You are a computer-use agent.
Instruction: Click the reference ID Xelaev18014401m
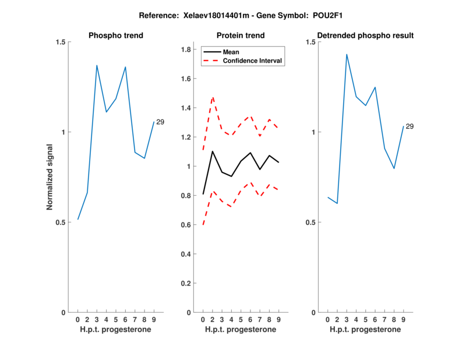pyautogui.click(x=199, y=15)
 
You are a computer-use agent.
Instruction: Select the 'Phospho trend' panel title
pyautogui.click(x=115, y=36)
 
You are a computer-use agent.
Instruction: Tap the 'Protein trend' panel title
pyautogui.click(x=241, y=36)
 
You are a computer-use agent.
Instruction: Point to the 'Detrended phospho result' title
pyautogui.click(x=365, y=36)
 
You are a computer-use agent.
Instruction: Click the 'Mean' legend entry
pyautogui.click(x=231, y=52)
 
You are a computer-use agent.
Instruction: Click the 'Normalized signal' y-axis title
pyautogui.click(x=50, y=177)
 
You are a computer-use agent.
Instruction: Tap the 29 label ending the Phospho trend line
pyautogui.click(x=160, y=121)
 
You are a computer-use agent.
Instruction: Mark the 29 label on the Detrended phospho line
pyautogui.click(x=409, y=126)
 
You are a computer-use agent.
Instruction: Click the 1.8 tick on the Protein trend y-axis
pyautogui.click(x=186, y=50)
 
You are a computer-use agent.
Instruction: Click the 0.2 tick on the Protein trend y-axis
pyautogui.click(x=186, y=283)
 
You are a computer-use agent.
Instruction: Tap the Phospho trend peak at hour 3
pyautogui.click(x=97, y=65)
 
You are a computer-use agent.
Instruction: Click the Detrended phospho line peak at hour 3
pyautogui.click(x=347, y=54)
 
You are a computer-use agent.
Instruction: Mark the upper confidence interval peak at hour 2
pyautogui.click(x=213, y=97)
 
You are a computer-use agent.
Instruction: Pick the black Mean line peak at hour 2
pyautogui.click(x=213, y=151)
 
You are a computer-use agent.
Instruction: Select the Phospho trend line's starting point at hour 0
pyautogui.click(x=77, y=220)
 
